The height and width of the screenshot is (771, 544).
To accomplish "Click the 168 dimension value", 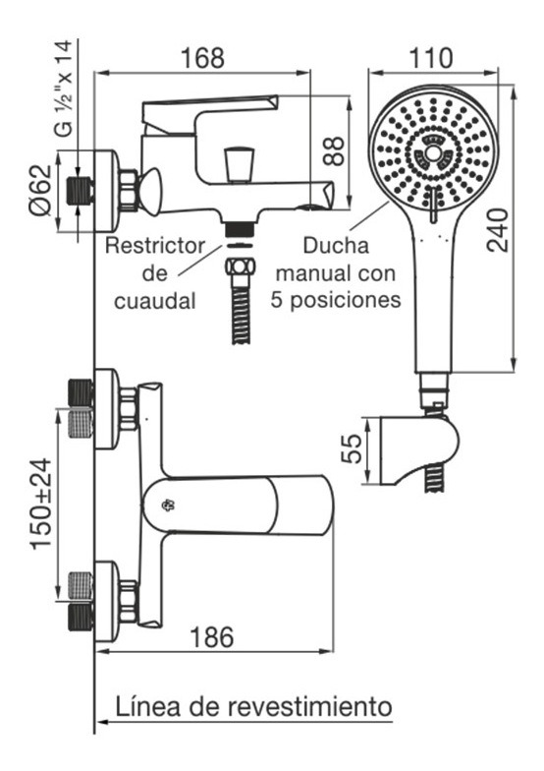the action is click(x=202, y=58).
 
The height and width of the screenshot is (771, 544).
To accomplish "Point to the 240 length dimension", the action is click(x=497, y=230).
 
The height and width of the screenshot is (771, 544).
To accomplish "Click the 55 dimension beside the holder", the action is click(x=352, y=448).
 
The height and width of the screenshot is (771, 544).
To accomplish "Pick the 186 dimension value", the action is click(x=212, y=637).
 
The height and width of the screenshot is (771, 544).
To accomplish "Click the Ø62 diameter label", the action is click(x=40, y=189).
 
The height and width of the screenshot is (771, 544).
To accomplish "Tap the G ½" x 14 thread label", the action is click(x=65, y=89).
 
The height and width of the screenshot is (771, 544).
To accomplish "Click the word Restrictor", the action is click(x=155, y=246).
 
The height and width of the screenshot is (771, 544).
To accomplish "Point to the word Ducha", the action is click(x=336, y=246).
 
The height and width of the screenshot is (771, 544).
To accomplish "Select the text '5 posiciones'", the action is click(x=336, y=300).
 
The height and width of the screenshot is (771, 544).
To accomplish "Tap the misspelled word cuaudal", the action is click(x=155, y=301).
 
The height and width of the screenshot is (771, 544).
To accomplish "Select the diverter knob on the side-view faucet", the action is click(x=240, y=163).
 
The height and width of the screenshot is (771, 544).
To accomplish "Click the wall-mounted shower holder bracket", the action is click(x=420, y=449).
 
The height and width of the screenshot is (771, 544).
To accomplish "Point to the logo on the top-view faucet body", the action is click(x=169, y=505).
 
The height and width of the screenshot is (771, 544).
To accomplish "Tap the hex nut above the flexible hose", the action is click(x=240, y=267).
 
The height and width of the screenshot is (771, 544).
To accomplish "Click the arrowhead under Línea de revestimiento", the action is click(x=102, y=722).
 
